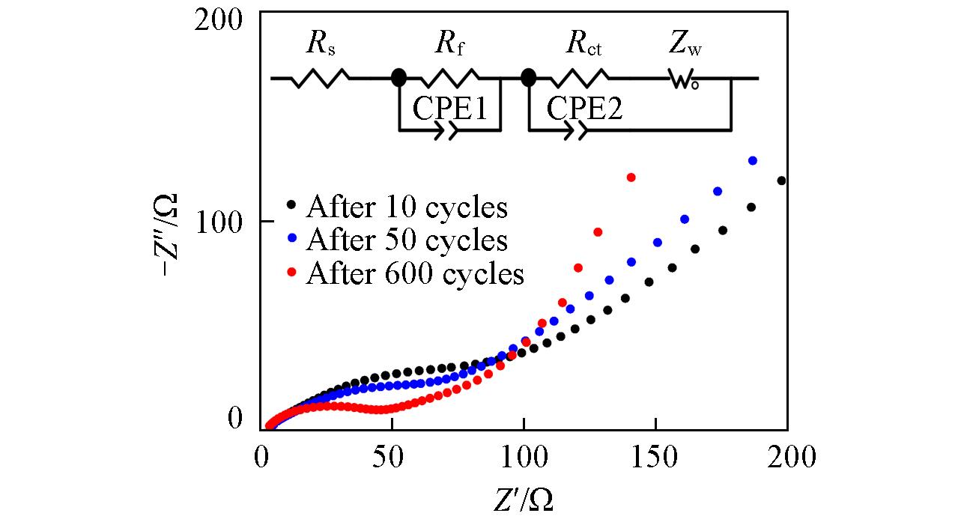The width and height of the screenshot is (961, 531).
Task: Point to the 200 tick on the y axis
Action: [219, 20]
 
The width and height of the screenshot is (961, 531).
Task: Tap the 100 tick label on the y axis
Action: [219, 222]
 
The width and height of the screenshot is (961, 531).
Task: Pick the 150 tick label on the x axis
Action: [655, 456]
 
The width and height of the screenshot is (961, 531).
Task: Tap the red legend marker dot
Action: [293, 273]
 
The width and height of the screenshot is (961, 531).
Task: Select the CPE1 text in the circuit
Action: [451, 109]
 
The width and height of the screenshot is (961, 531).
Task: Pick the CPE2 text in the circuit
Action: [584, 109]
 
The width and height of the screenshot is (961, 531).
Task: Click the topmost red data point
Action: [631, 177]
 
